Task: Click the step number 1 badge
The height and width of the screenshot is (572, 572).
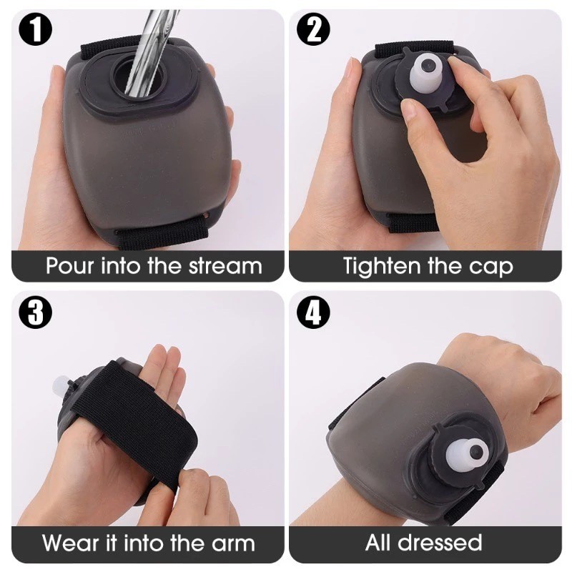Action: click(35, 29)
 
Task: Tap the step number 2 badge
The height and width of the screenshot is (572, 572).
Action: click(313, 29)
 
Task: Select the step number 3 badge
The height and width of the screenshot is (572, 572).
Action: click(35, 312)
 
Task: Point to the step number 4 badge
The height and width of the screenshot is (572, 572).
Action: click(313, 312)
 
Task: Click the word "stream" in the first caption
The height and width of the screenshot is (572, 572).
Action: click(225, 265)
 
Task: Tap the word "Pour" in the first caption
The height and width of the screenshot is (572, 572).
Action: click(69, 265)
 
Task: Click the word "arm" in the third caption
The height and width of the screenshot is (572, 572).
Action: click(234, 544)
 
